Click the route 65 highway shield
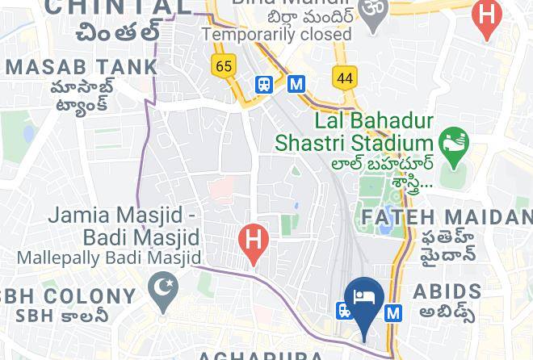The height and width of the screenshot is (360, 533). [224, 65]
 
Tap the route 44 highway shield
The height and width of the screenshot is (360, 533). [345, 77]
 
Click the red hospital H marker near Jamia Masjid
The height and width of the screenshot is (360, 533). [254, 241]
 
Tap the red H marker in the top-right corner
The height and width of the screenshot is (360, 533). [486, 17]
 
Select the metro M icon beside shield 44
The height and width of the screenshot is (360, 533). [296, 83]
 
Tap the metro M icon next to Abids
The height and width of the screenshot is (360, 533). [393, 312]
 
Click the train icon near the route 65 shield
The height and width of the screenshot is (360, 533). [263, 84]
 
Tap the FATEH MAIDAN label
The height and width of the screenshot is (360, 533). [447, 217]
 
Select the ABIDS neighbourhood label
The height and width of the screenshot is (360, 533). [447, 291]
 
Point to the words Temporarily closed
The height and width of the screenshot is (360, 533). [277, 35]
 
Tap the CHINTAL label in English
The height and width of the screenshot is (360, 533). [120, 7]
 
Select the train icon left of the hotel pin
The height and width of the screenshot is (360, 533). [344, 310]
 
